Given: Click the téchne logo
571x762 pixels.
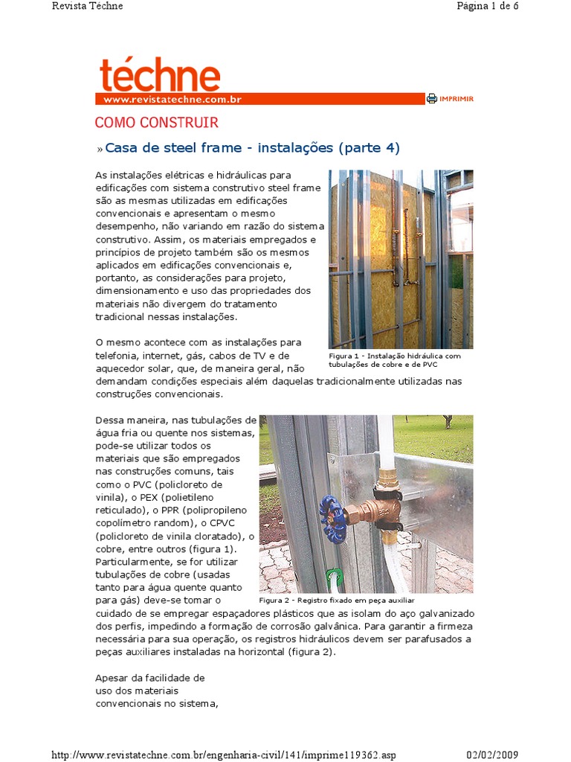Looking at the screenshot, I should tap(159, 75).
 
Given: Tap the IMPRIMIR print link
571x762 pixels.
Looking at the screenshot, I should tap(457, 98).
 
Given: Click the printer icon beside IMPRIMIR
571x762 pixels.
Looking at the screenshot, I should tap(431, 98).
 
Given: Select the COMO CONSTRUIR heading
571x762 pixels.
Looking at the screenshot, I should tap(156, 123).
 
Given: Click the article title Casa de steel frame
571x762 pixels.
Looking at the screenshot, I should tap(252, 148).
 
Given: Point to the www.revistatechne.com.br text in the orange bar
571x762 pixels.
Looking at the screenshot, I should tap(172, 99).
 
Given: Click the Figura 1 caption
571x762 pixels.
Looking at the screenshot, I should tap(395, 360).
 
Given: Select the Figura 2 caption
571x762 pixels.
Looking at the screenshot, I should tap(336, 600).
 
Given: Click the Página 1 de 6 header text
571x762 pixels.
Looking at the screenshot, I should tap(486, 6).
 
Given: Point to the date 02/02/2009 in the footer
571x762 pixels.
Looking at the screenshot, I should tap(491, 755).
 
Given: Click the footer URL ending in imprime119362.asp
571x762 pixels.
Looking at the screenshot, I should tap(224, 755).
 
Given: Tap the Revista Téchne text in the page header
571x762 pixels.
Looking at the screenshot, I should tap(88, 6).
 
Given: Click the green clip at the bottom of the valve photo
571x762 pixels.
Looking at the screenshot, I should tap(335, 577).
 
